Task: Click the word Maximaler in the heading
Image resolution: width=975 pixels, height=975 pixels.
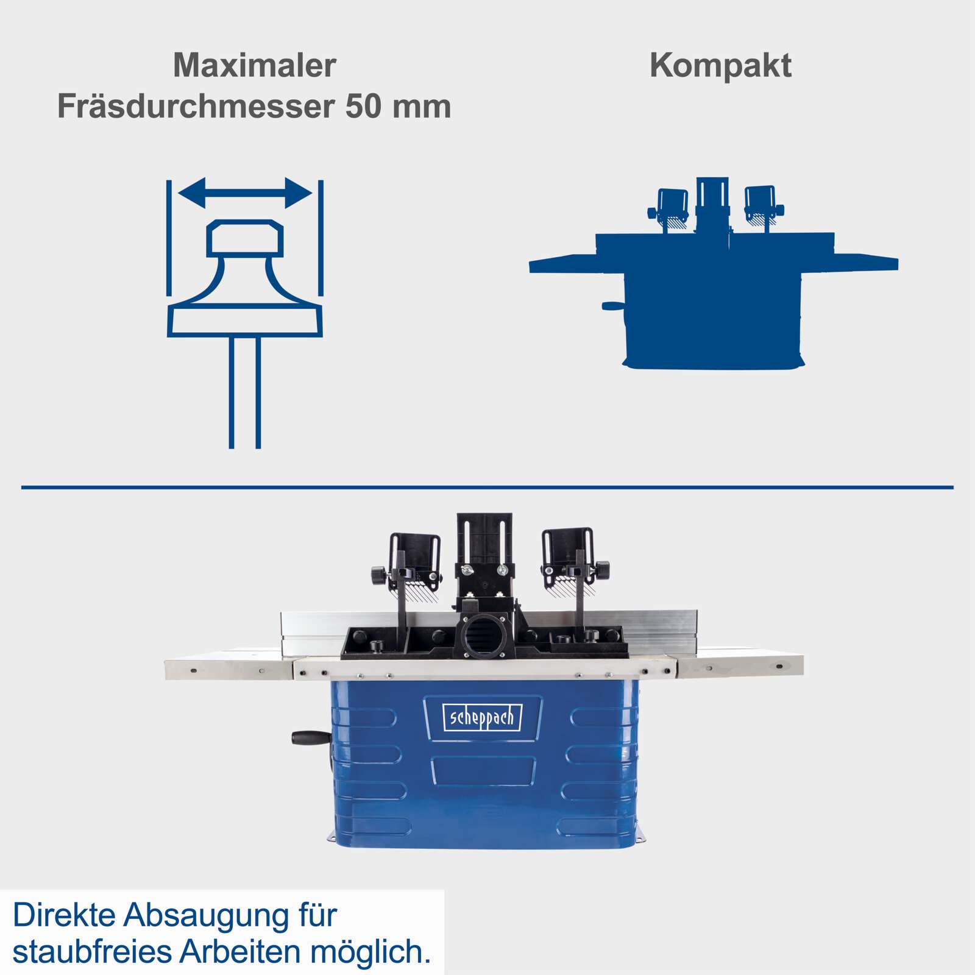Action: [255, 65]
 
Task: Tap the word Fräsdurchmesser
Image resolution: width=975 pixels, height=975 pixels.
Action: [196, 106]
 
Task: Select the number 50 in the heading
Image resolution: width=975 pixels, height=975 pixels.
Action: [363, 106]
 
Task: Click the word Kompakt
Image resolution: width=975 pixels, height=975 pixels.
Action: [720, 65]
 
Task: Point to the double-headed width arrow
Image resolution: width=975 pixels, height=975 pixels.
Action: [245, 193]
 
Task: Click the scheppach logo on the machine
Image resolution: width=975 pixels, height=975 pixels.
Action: [482, 718]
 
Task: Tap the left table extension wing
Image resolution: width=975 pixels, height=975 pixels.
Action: [229, 668]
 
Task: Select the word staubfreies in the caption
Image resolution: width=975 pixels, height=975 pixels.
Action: [91, 952]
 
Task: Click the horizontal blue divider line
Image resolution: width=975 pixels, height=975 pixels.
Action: [487, 487]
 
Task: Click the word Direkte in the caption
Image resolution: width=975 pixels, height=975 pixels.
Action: [64, 915]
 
